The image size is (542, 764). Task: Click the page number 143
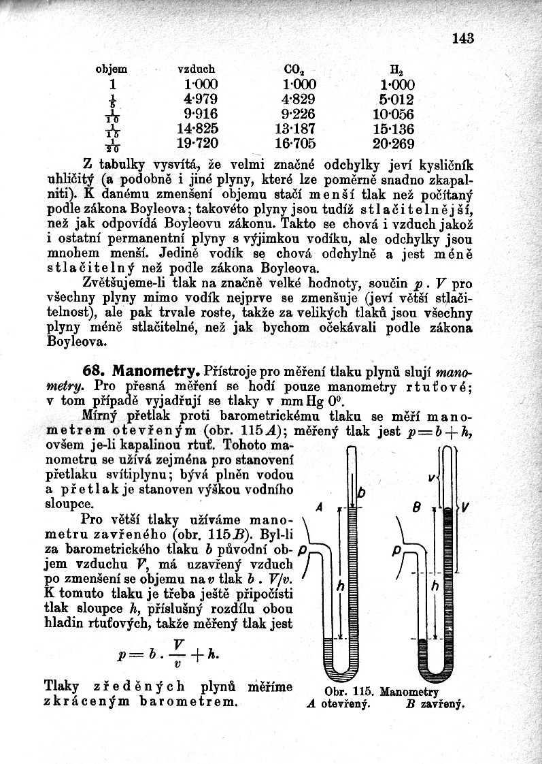click(x=462, y=38)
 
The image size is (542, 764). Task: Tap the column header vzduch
click(x=196, y=69)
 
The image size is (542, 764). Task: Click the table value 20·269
click(x=393, y=144)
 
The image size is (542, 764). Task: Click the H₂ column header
click(x=394, y=69)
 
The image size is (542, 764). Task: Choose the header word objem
click(x=112, y=69)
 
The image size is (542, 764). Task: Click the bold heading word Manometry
click(x=156, y=372)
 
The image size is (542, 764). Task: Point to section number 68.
click(x=95, y=372)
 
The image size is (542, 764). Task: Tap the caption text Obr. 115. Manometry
click(x=380, y=692)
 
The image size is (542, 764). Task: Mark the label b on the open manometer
click(x=361, y=492)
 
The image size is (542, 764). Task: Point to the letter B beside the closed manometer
click(x=419, y=507)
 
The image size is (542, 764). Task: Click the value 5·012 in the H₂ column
click(x=393, y=99)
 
